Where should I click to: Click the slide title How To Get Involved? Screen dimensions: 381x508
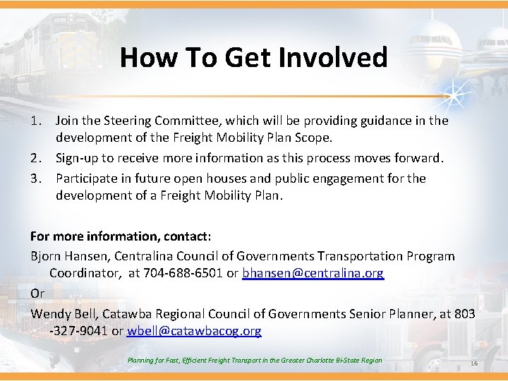(253, 57)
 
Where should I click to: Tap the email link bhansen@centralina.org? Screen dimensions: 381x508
(313, 272)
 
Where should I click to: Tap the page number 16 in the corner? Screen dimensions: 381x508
(473, 363)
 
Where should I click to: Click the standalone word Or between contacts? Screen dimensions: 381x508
(37, 292)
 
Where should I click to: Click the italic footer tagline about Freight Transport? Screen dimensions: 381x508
(255, 361)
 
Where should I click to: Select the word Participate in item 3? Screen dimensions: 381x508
(87, 179)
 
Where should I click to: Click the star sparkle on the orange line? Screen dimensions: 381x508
(447, 95)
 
